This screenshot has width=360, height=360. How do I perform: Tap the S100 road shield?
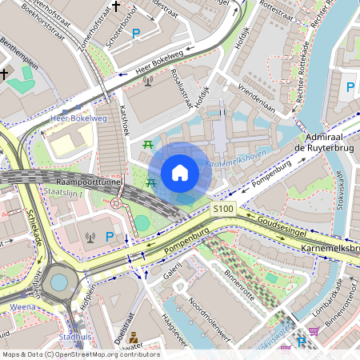click(x=223, y=209)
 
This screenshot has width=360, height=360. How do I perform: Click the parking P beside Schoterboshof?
click(x=136, y=34)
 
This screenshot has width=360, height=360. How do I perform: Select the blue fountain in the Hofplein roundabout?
click(x=59, y=282)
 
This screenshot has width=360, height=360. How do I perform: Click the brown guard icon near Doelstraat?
click(x=134, y=338)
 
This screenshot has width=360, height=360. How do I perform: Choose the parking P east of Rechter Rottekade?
click(x=349, y=87)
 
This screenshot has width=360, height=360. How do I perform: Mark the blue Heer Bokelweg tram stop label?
click(x=78, y=118)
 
